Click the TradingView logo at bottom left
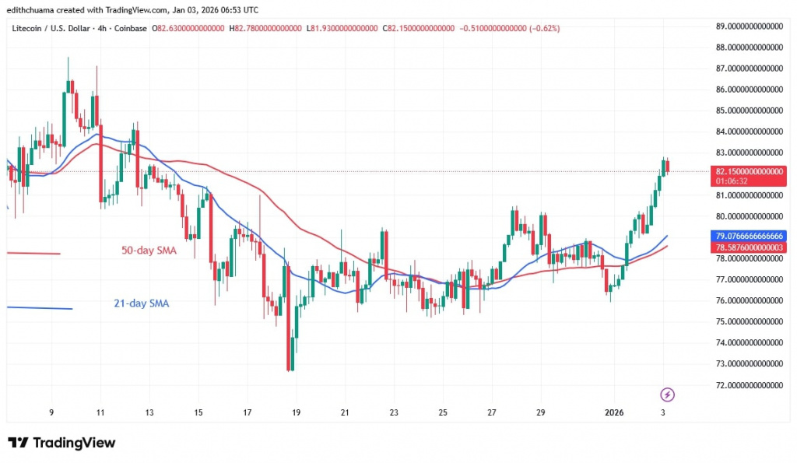tap(61, 443)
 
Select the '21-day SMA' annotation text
tap(137, 304)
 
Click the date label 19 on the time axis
tap(297, 412)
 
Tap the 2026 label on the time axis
tap(614, 412)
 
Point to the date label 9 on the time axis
tap(51, 412)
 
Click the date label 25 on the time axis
tap(443, 412)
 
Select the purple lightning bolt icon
tap(666, 394)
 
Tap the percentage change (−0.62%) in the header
tap(543, 29)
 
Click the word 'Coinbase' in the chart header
tap(132, 29)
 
